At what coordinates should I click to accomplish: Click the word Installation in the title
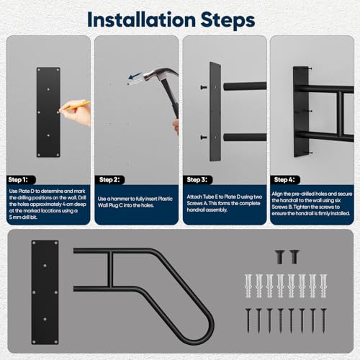coord(142,19)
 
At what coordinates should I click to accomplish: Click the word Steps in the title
coord(228,19)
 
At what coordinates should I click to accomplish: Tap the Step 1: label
coord(18,179)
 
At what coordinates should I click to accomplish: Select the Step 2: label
coord(109,179)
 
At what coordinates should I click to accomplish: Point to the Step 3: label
coord(197,179)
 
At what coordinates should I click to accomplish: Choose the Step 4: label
coord(284,179)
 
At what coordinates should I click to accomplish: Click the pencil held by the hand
coord(75,106)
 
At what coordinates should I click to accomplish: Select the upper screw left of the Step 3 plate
coord(204,87)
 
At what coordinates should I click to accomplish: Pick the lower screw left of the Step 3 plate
coord(204,138)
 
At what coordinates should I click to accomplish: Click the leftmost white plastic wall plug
coord(248,286)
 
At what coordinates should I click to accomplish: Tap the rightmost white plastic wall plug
coord(323,286)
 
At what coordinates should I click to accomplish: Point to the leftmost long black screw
coord(248,320)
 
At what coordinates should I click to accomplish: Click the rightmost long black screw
coord(323,320)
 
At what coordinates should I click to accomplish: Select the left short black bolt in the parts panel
coord(279,257)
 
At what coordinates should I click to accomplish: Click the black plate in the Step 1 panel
coord(48,112)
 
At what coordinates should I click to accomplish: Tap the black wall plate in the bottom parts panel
coord(45,292)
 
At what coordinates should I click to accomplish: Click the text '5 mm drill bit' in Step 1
coord(23,217)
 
